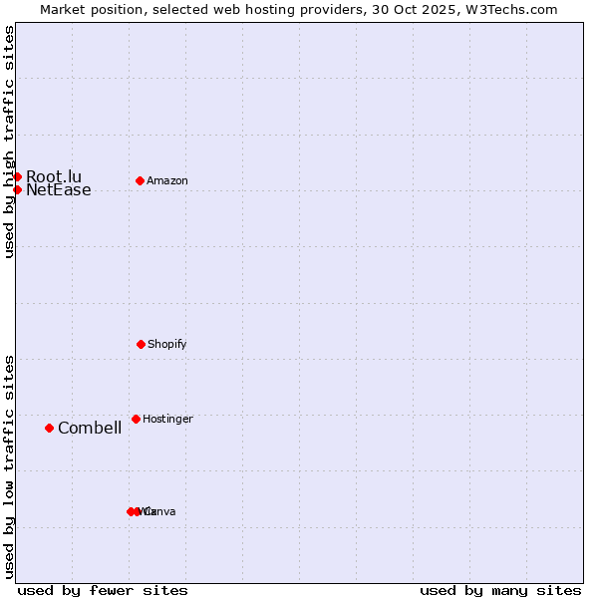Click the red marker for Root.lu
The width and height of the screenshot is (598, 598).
17,176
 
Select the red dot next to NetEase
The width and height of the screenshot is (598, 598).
17,189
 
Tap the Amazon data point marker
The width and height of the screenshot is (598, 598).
140,180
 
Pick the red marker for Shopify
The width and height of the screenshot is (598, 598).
141,344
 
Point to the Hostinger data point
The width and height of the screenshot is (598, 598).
136,419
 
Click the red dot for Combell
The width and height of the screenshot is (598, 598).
49,428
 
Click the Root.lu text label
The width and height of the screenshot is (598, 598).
54,176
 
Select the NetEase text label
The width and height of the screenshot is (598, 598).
59,190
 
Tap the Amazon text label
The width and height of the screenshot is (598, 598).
167,180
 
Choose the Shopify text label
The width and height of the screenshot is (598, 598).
167,344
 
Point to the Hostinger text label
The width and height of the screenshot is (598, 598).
167,419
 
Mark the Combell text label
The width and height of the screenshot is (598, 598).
90,429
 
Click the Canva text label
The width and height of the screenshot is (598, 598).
161,511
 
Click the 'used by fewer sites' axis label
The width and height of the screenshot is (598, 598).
103,590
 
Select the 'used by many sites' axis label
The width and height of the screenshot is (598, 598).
500,590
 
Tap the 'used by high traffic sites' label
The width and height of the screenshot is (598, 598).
9,142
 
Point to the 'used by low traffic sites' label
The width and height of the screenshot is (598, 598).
9,466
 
